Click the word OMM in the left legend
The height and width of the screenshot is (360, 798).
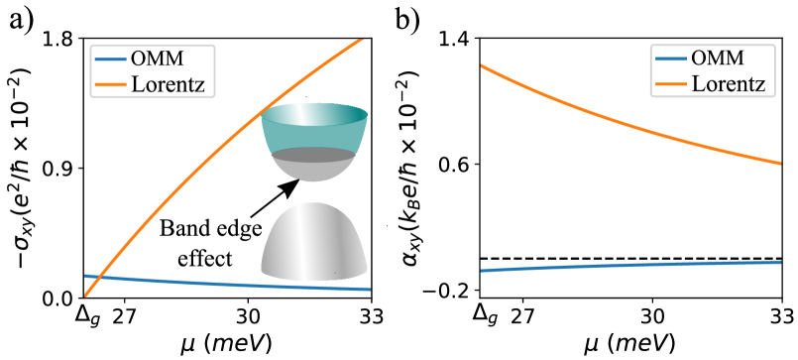[x=157, y=59]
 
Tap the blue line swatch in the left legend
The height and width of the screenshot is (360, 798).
[x=111, y=59]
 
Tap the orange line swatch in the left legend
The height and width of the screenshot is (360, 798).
[x=111, y=84]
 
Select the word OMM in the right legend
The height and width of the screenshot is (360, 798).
[x=718, y=59]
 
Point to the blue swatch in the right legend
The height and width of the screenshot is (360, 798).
[x=671, y=59]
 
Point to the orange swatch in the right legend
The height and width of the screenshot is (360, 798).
[x=671, y=84]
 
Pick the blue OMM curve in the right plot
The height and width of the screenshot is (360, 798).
[x=634, y=265]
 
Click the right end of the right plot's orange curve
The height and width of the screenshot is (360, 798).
[x=780, y=163]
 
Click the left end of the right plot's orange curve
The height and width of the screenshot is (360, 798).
[x=483, y=66]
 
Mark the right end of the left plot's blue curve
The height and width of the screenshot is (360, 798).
[x=369, y=289]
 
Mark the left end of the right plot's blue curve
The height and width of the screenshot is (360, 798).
[x=483, y=270]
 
